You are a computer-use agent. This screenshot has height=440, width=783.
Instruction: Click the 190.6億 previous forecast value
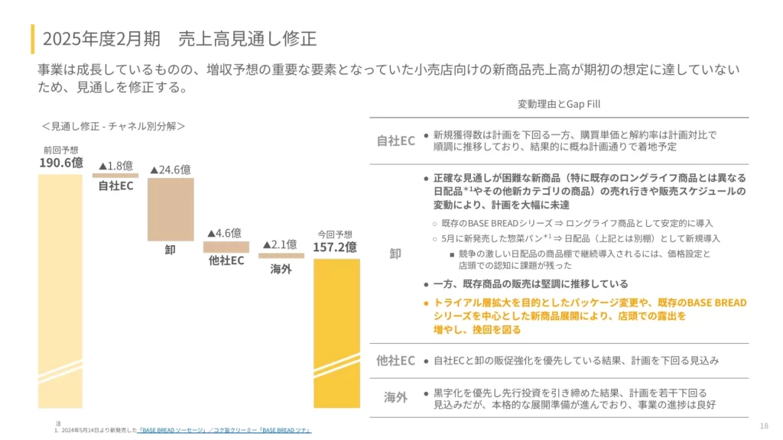pyautogui.click(x=61, y=162)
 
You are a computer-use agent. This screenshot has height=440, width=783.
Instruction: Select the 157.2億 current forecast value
pyautogui.click(x=334, y=247)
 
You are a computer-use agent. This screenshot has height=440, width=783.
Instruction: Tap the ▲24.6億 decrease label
pyautogui.click(x=170, y=169)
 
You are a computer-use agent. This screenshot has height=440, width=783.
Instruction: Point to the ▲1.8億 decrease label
pyautogui.click(x=115, y=165)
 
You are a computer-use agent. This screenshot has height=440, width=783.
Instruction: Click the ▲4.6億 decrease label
pyautogui.click(x=225, y=232)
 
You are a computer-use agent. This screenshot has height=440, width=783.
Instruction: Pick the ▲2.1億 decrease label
pyautogui.click(x=280, y=244)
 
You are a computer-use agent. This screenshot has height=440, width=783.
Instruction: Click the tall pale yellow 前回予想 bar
pyautogui.click(x=60, y=290)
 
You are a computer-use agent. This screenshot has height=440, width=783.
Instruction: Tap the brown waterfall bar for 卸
pyautogui.click(x=171, y=209)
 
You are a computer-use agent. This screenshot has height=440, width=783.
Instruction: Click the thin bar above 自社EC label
pyautogui.click(x=115, y=176)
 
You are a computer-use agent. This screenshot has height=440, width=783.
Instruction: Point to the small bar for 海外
pyautogui.click(x=281, y=256)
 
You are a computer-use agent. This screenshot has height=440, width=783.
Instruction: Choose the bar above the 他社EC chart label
pyautogui.click(x=226, y=247)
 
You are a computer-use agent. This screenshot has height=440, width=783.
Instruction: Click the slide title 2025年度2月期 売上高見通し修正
pyautogui.click(x=180, y=37)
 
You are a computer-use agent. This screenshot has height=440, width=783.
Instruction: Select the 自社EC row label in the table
pyautogui.click(x=395, y=141)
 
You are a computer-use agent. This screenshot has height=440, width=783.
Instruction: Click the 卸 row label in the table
pyautogui.click(x=395, y=254)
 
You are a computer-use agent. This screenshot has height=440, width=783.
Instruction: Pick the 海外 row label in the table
pyautogui.click(x=395, y=397)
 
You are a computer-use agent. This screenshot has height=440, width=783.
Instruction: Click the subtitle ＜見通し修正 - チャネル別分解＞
pyautogui.click(x=113, y=125)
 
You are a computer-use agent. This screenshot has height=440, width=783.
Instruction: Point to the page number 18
pyautogui.click(x=764, y=425)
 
